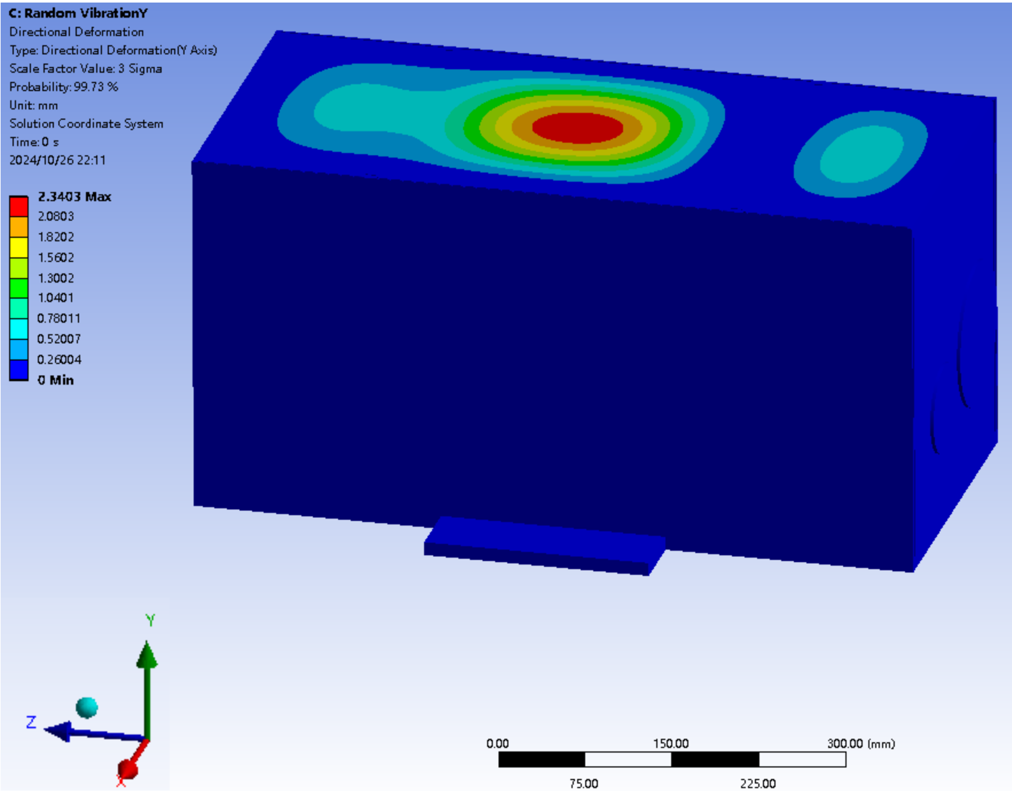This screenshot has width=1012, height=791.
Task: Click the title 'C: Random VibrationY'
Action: (78, 13)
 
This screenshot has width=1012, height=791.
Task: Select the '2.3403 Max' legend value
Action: (75, 196)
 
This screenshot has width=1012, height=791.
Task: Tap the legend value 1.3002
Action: (56, 278)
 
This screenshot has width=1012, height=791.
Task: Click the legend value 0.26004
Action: (59, 360)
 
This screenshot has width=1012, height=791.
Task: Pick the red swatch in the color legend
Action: (18, 207)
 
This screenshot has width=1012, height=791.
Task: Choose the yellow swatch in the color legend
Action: (18, 248)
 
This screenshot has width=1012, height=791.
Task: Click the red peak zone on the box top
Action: (578, 128)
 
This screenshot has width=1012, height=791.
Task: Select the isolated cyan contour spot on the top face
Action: (862, 154)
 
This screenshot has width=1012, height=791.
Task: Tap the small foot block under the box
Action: (545, 545)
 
